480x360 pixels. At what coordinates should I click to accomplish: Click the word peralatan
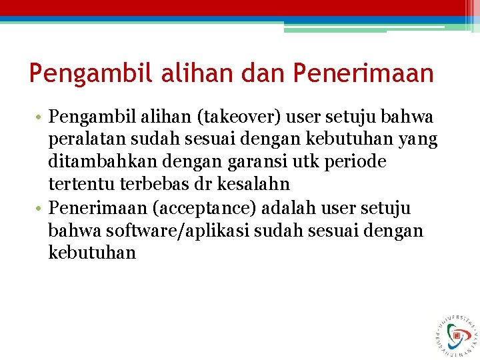click(82, 140)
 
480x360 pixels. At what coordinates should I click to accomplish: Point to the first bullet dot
click(39, 119)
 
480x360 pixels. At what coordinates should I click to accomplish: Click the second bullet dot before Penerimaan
click(39, 209)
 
